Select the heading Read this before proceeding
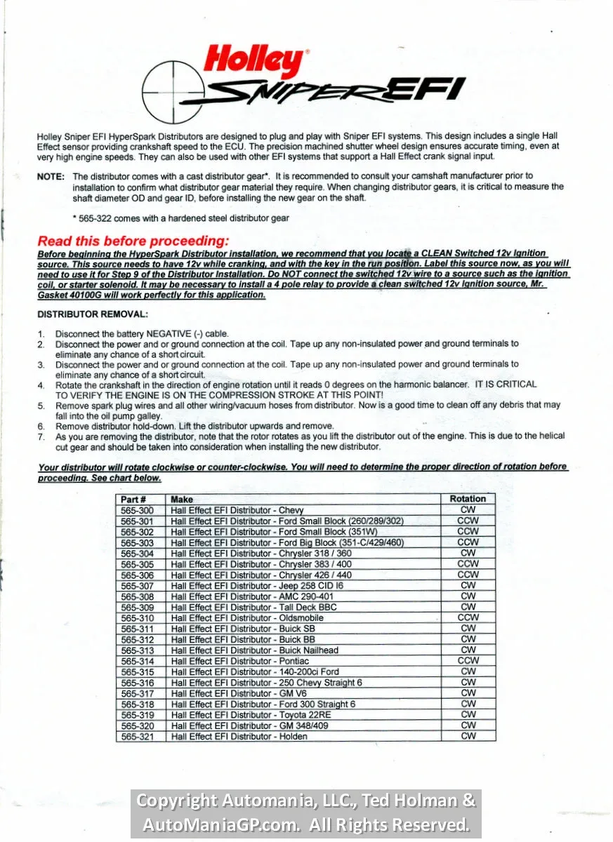pos(133,241)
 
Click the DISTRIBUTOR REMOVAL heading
pos(93,314)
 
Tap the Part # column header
pos(133,500)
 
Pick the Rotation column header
pos(468,499)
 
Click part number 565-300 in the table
pos(137,510)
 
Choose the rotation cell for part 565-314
pos(468,661)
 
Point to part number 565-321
pos(137,737)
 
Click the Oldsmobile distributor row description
pos(247,618)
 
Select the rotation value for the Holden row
pos(468,736)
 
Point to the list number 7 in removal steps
pos(41,436)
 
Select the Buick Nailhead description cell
pos(254,650)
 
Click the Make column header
pos(182,500)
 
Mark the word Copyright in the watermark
pos(176,801)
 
